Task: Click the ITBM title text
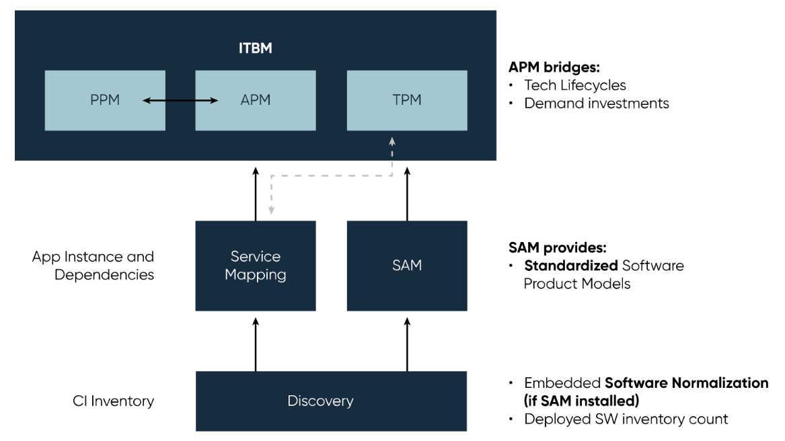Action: [x=255, y=48]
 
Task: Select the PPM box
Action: [x=105, y=100]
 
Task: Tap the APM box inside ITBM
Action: [x=255, y=100]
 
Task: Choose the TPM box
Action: [x=407, y=100]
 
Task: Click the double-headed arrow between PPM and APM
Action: [x=180, y=101]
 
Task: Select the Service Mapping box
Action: [x=255, y=266]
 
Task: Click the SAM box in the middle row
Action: [x=407, y=266]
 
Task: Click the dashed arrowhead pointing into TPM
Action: [x=392, y=141]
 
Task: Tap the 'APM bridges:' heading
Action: [x=554, y=67]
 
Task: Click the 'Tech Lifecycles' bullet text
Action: [x=575, y=85]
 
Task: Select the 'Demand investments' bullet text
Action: [x=597, y=104]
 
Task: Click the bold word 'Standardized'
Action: [x=571, y=266]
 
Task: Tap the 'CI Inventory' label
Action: [x=113, y=401]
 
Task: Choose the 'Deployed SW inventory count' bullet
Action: [x=626, y=419]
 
